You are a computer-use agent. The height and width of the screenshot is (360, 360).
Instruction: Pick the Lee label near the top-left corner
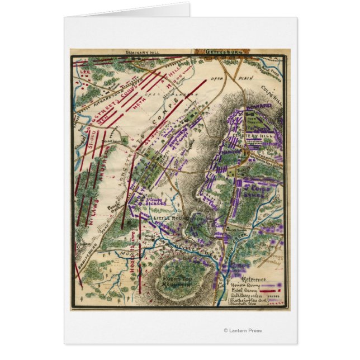pyautogui.click(x=85, y=72)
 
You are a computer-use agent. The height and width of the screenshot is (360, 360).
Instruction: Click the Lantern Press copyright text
pyautogui.click(x=242, y=330)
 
